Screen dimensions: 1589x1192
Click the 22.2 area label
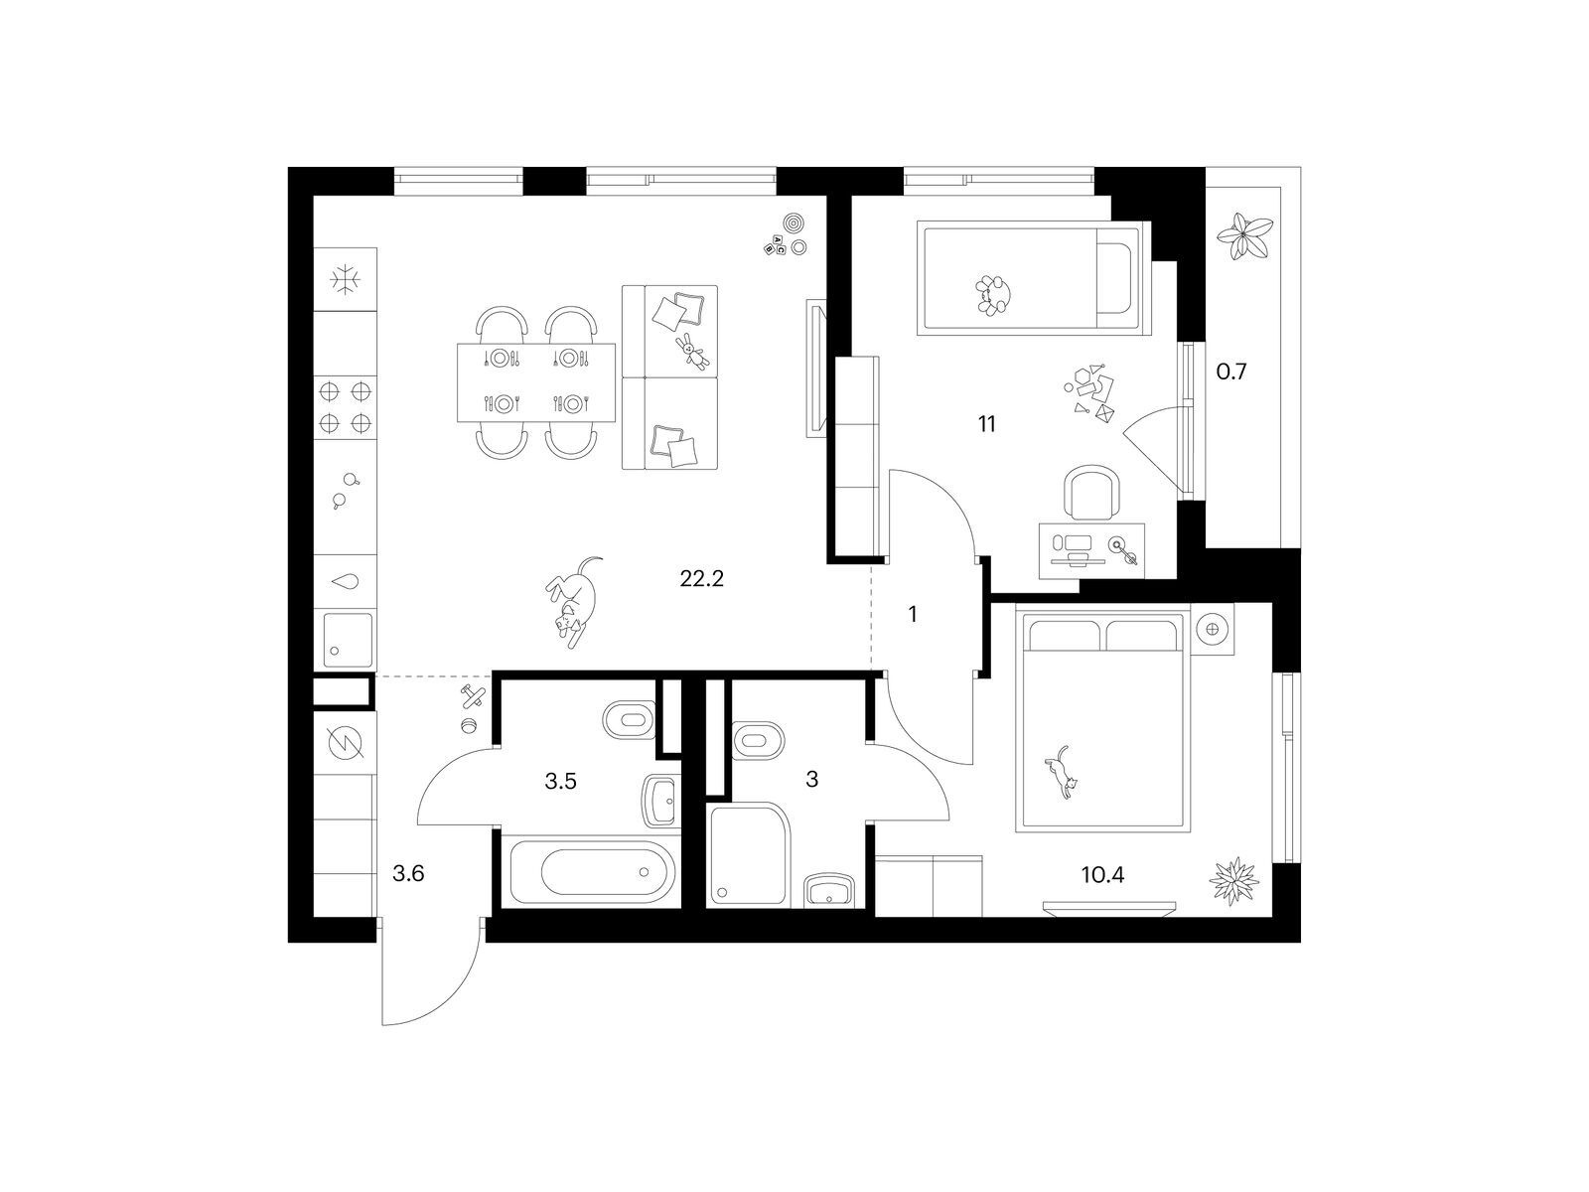pos(701,579)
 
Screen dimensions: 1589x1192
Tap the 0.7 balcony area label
pos(1230,372)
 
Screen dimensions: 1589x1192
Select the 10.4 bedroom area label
pos(1102,875)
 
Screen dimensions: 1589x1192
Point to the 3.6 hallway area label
pos(408,873)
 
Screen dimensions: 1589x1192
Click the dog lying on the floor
pos(573,601)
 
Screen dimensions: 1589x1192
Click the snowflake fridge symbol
pos(346,279)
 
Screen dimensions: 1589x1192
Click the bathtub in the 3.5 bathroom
pos(592,872)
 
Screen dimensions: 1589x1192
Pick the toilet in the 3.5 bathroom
pos(629,718)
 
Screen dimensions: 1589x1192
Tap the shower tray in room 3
pos(749,854)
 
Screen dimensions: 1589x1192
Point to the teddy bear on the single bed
pos(992,295)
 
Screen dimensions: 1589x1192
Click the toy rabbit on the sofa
pos(691,351)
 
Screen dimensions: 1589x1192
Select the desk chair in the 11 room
pos(1090,492)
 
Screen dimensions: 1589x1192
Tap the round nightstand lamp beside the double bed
pos(1214,628)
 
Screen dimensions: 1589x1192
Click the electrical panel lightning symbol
pos(346,743)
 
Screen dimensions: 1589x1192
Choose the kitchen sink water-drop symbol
pos(346,581)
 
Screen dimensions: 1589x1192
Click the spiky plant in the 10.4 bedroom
pos(1233,880)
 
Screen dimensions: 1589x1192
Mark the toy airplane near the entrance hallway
pos(473,696)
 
